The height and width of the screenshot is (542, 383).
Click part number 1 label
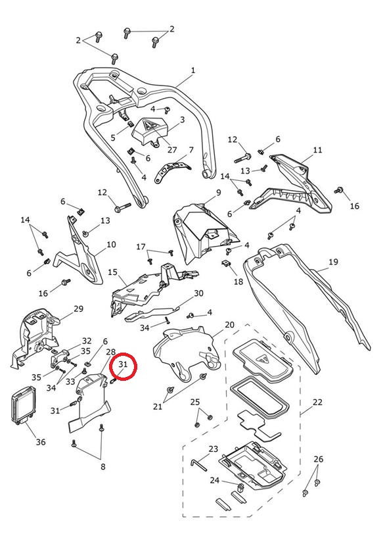(193, 70)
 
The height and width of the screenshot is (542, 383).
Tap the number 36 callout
(41, 442)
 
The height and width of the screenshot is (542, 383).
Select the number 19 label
(333, 262)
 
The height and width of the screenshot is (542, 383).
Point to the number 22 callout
(317, 402)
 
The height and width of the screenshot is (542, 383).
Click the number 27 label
(172, 150)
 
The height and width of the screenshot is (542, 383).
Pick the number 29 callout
(78, 308)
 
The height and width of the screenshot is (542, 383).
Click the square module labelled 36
(24, 404)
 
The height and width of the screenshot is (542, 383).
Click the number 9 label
(218, 193)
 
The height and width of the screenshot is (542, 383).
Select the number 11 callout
(317, 150)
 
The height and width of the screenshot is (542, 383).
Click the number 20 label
(229, 324)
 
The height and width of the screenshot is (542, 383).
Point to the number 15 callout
(112, 272)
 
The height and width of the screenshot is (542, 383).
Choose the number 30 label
(198, 293)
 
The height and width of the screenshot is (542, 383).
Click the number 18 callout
(238, 282)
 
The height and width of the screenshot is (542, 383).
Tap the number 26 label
(318, 458)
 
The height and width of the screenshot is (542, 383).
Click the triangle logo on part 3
(150, 125)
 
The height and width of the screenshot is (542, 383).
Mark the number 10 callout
(111, 245)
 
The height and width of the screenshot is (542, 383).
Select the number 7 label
(191, 150)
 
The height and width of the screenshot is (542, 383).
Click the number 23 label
(214, 449)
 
